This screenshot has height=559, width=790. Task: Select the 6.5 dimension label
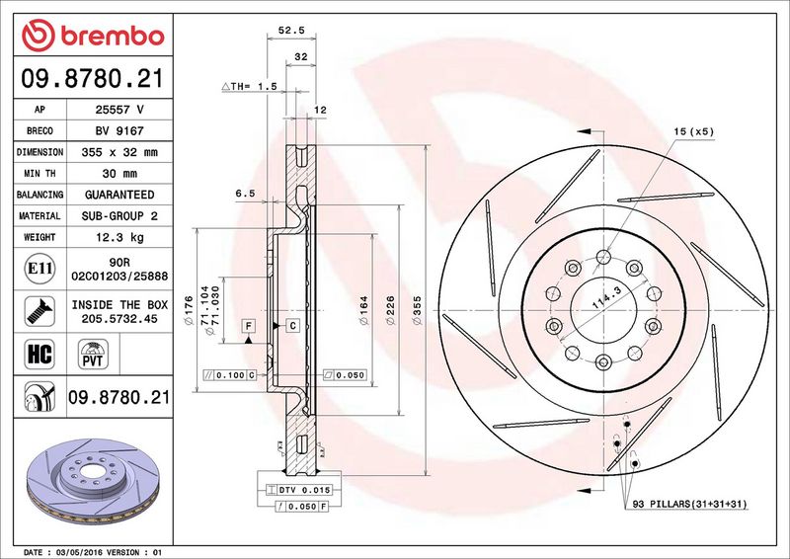click(x=245, y=195)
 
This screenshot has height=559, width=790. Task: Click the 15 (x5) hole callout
click(x=694, y=131)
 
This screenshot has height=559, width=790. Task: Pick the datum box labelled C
click(x=293, y=325)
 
